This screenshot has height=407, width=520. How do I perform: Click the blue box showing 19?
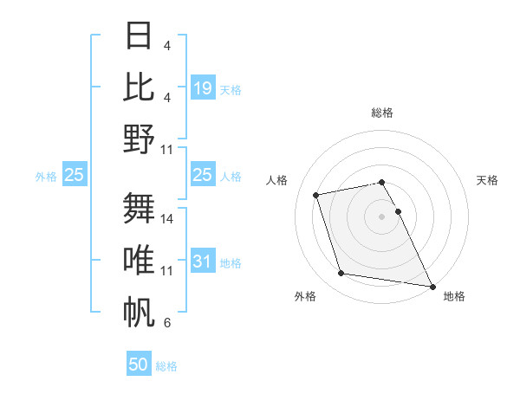203,87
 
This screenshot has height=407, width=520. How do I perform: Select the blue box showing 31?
203,262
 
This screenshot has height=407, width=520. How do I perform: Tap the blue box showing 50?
139,365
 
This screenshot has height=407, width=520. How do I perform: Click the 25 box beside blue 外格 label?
74,175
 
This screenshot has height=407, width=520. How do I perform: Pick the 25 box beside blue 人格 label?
203,175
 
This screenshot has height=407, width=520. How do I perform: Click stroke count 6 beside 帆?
167,323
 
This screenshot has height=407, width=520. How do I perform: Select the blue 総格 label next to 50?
166,366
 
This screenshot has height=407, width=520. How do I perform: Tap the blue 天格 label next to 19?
231,89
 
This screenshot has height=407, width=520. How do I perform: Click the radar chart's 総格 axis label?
381,113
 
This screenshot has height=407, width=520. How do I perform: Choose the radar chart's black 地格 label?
454,296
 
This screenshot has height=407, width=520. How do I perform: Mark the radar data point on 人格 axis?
316,194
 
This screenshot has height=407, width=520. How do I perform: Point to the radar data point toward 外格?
341,274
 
